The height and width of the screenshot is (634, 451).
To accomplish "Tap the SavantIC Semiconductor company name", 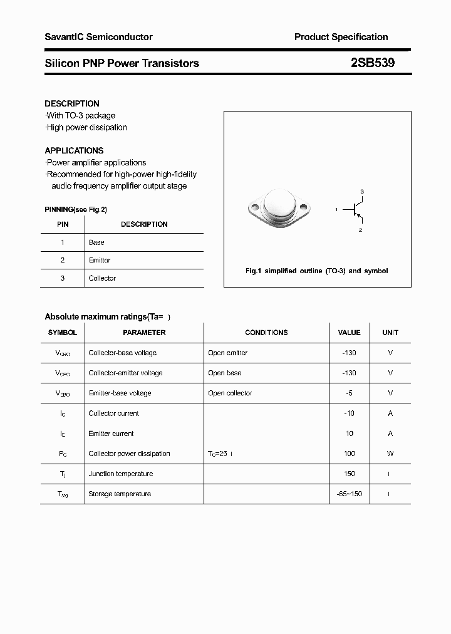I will point(98,37).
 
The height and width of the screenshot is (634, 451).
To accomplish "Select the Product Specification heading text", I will point(341,37).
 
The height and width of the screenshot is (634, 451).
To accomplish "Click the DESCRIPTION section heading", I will point(72,103).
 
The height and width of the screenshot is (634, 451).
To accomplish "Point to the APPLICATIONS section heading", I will point(74,150).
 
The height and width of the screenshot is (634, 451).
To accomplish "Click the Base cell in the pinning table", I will point(96,242).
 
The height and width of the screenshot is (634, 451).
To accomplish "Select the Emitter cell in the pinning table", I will point(100,260).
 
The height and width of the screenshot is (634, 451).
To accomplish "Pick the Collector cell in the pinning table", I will point(102,278).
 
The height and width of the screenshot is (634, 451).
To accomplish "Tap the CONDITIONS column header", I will point(266,333).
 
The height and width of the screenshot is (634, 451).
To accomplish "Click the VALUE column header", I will point(349,333).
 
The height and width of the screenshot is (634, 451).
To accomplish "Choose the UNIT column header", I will point(390,333).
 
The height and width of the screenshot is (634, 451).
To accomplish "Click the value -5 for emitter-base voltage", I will point(349,393).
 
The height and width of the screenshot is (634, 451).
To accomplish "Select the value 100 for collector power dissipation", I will point(349,454).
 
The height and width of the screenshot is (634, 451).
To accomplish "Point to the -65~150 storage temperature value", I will point(349,494).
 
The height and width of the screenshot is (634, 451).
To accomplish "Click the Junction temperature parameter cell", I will point(121,474).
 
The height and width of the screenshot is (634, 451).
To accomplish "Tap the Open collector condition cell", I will point(230,393).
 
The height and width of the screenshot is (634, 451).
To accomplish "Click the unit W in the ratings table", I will point(390,454).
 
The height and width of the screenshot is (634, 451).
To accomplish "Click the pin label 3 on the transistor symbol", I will point(361,191).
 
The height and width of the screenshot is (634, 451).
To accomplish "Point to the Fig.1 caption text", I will point(316,271).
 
